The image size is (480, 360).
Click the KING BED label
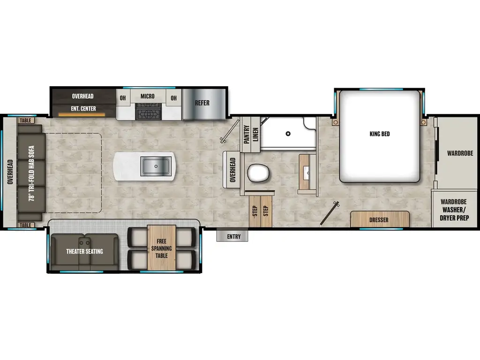point(379,134)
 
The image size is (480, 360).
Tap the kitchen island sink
point(156,166)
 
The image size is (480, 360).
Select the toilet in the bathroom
point(258,173)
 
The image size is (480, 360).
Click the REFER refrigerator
point(202,103)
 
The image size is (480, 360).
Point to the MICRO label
point(147,97)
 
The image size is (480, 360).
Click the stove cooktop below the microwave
point(148,112)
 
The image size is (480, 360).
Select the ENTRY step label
point(233,236)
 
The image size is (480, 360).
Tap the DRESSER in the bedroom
point(379,219)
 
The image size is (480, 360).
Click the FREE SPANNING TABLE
point(161,248)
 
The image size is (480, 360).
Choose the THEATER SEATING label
point(84,251)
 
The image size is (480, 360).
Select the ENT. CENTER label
point(84,109)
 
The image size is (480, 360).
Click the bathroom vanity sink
point(307,172)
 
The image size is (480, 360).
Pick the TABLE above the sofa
point(25,120)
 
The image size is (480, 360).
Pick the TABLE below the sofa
point(25,225)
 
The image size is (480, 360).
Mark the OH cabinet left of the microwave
point(123,98)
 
